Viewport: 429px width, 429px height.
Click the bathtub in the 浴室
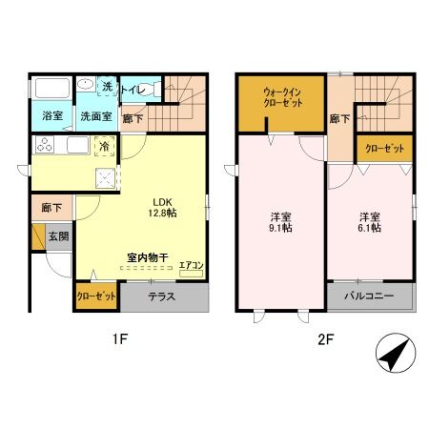pyautogui.click(x=52, y=88)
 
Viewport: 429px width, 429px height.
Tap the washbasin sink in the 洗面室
pyautogui.click(x=86, y=84)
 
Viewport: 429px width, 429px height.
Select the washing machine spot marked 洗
pyautogui.click(x=107, y=86)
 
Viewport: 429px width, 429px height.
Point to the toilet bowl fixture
pyautogui.click(x=153, y=89)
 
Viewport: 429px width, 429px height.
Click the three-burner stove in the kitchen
pyautogui.click(x=45, y=145)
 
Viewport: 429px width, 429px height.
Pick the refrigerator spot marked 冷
pyautogui.click(x=104, y=146)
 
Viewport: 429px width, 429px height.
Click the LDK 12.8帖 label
pyautogui.click(x=162, y=207)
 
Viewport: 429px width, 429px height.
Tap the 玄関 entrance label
pyautogui.click(x=58, y=236)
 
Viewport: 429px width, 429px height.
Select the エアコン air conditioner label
pyautogui.click(x=191, y=265)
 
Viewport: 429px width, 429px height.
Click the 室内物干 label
pyautogui.click(x=148, y=257)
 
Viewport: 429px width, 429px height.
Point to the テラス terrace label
pyautogui.click(x=162, y=296)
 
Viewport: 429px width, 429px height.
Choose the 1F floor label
pyautogui.click(x=120, y=339)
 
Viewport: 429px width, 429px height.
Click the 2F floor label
pyautogui.click(x=326, y=339)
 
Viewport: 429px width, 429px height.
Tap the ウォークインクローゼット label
pyautogui.click(x=282, y=97)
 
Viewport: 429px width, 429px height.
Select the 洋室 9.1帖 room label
pyautogui.click(x=281, y=222)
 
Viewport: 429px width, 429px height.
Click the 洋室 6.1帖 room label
pyautogui.click(x=370, y=222)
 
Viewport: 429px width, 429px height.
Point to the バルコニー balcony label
pyautogui.click(x=370, y=296)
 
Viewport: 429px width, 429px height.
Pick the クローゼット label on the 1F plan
pyautogui.click(x=96, y=296)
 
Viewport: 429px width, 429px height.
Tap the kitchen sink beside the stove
pyautogui.click(x=78, y=145)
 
